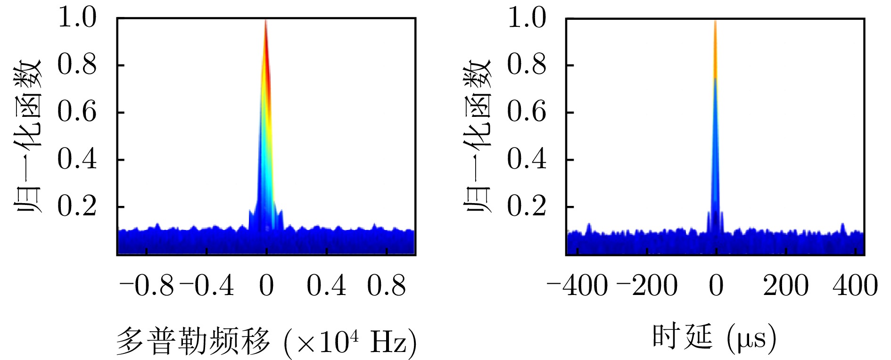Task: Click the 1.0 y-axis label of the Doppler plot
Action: click(x=77, y=18)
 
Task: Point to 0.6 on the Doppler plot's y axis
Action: click(x=77, y=112)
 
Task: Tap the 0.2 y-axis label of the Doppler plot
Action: click(x=77, y=206)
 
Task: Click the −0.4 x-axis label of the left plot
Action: click(x=207, y=286)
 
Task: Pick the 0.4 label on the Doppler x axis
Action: click(x=326, y=286)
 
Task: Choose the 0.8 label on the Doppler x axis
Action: click(x=387, y=286)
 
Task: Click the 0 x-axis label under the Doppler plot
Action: click(x=266, y=286)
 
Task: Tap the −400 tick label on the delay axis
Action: click(x=577, y=286)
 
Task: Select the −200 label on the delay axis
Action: click(x=647, y=286)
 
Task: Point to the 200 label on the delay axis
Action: click(x=786, y=286)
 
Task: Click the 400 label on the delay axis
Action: click(x=855, y=286)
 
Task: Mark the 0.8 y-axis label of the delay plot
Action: click(x=527, y=65)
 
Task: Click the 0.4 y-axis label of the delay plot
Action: click(x=527, y=159)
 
